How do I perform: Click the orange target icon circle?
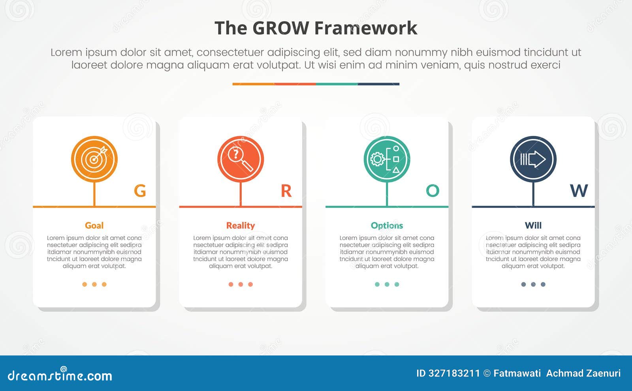tap(94, 159)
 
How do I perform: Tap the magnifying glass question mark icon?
tap(241, 159)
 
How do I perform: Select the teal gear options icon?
tap(387, 159)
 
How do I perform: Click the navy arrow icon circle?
tap(533, 159)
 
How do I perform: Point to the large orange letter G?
tap(140, 191)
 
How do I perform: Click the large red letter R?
tap(286, 191)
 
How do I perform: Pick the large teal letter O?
tap(433, 191)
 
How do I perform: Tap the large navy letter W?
tap(579, 191)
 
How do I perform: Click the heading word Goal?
tap(94, 226)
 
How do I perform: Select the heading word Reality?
tap(241, 226)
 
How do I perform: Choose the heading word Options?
tap(387, 226)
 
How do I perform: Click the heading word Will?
tap(533, 226)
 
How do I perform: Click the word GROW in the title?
tap(280, 28)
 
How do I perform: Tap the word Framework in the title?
tap(366, 28)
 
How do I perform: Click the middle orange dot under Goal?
tap(94, 284)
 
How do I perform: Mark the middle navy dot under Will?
tap(533, 284)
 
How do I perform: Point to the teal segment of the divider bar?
tap(337, 84)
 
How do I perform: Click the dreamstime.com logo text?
tap(60, 375)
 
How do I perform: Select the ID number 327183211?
tap(454, 373)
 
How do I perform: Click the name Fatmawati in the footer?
tap(517, 373)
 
